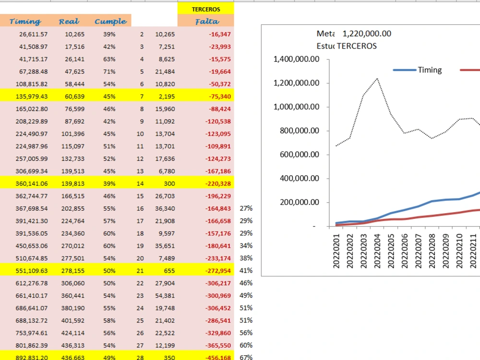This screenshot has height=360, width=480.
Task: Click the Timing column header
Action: [x=25, y=22]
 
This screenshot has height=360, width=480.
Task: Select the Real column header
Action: [x=69, y=22]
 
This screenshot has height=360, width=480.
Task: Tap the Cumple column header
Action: [x=110, y=22]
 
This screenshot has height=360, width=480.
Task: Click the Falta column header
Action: [x=207, y=22]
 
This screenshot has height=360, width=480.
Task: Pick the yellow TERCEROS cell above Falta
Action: [x=206, y=9]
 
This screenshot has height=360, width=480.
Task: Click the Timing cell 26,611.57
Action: [x=34, y=34]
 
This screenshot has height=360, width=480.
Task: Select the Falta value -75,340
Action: [x=220, y=96]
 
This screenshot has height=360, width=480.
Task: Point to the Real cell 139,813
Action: [x=73, y=184]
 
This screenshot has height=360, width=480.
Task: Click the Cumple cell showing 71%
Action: [x=109, y=72]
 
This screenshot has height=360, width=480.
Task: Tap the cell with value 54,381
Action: [x=165, y=296]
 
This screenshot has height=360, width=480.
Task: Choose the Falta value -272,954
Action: [x=218, y=271]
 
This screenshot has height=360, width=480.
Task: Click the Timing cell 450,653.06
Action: [x=32, y=246]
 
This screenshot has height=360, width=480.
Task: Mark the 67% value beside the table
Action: [x=246, y=357]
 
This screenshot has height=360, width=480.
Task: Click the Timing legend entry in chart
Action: [x=418, y=70]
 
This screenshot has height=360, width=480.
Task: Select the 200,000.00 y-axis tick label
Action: [x=300, y=203]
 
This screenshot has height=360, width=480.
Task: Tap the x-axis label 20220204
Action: [x=377, y=251]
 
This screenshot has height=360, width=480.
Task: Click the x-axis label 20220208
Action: [x=432, y=251]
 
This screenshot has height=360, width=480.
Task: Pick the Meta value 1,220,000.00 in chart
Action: [x=367, y=34]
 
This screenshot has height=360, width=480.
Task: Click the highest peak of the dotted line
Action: [x=377, y=79]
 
